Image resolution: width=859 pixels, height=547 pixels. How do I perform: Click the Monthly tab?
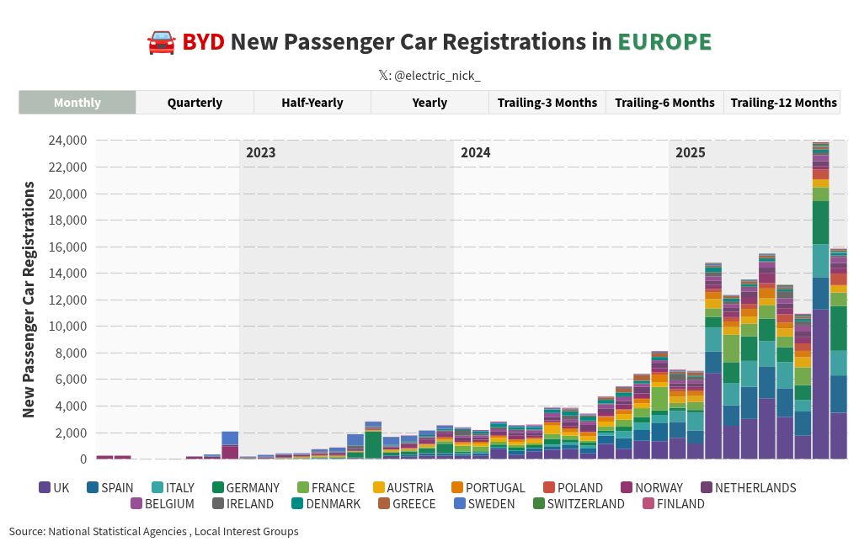tap(77, 103)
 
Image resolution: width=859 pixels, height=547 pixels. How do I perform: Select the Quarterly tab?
tap(195, 103)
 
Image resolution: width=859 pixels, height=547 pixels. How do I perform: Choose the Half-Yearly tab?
tap(312, 103)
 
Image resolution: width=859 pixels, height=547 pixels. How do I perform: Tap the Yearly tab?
tap(429, 103)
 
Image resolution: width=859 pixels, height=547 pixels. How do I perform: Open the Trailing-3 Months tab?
tap(547, 103)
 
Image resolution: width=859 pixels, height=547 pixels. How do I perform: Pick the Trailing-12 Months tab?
tap(783, 103)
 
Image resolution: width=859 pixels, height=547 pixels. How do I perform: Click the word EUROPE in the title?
tap(664, 41)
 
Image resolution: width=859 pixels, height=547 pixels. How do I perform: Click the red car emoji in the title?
tap(160, 41)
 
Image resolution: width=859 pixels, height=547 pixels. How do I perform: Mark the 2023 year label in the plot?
tap(260, 153)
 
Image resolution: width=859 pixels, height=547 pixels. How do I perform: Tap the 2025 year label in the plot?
tap(691, 153)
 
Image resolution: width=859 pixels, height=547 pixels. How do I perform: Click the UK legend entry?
tap(54, 487)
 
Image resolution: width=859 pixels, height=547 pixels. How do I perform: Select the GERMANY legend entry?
tap(245, 487)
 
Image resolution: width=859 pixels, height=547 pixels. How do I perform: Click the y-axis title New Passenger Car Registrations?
tap(29, 299)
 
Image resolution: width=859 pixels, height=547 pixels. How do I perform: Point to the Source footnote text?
tap(153, 531)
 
